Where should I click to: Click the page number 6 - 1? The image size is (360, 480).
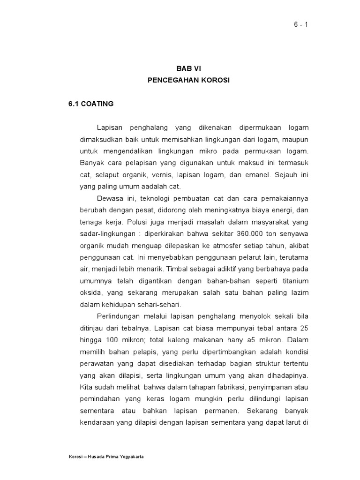point(300,25)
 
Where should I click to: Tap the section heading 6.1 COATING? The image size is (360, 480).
point(91,104)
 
